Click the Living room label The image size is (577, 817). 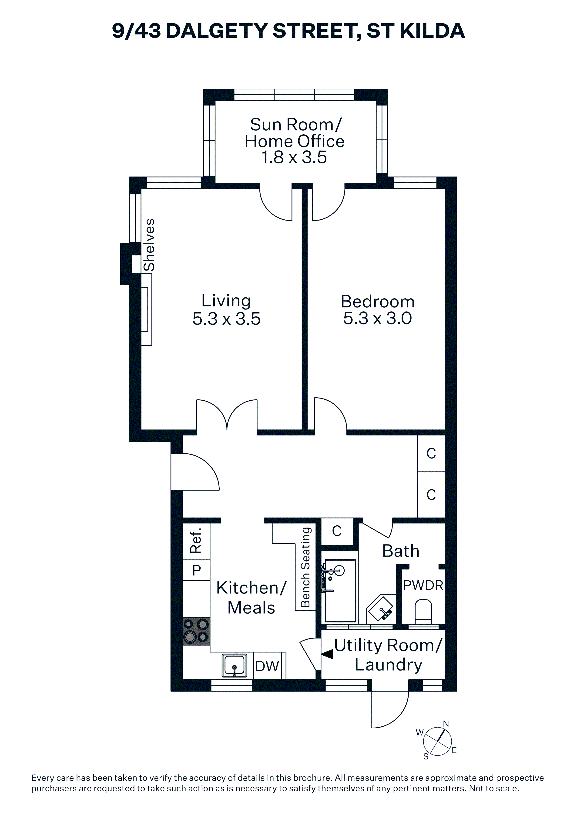point(226,301)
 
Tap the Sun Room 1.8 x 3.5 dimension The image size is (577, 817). point(294,157)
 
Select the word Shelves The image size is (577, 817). point(149,245)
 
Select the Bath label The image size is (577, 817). point(401,551)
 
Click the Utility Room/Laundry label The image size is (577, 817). point(388,655)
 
